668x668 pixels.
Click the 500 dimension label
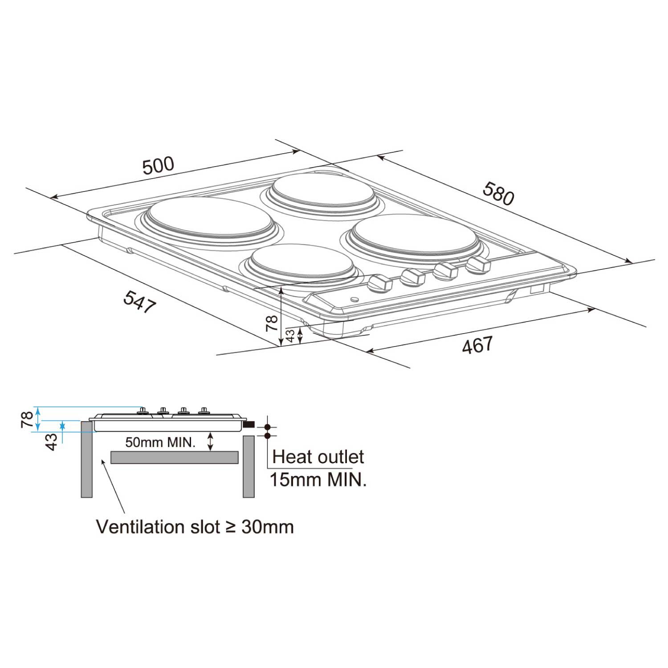point(159,165)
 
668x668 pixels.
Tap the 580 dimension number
point(498,193)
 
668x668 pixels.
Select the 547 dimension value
point(140,301)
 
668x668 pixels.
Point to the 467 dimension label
point(477,345)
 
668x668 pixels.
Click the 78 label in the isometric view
point(272,323)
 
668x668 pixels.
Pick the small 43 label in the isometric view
point(290,336)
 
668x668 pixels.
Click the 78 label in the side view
point(27,420)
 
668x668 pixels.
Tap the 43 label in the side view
point(52,442)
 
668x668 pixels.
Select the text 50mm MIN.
point(160,442)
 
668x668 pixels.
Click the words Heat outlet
point(318,457)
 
